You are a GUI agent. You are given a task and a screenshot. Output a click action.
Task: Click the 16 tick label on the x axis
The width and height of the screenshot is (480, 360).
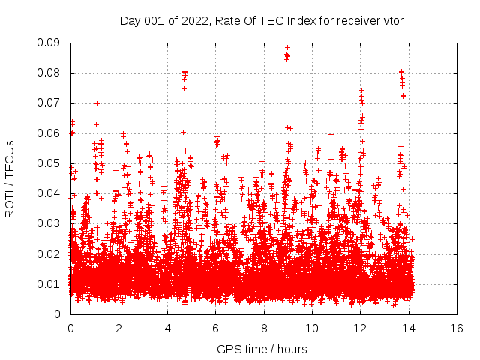(456, 328)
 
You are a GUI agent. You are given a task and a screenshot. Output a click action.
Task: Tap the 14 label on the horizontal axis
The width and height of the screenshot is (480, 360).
(408, 328)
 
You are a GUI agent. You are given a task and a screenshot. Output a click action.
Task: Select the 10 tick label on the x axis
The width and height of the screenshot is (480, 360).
(311, 328)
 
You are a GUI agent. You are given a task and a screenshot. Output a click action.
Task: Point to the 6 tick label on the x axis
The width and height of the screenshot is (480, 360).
(215, 328)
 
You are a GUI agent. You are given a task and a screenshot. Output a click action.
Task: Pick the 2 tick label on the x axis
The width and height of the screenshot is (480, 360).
(118, 328)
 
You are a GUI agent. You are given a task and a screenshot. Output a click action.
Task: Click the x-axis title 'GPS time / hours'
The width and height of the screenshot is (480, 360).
(262, 349)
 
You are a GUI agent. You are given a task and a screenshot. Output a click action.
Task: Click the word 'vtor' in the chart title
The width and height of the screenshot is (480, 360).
(394, 20)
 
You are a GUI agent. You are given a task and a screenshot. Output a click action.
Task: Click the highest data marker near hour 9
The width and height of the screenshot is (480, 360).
(287, 47)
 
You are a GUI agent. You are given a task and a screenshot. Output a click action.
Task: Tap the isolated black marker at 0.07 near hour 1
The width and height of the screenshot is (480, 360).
(97, 103)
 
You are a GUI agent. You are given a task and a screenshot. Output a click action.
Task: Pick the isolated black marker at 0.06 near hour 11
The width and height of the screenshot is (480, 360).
(331, 134)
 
